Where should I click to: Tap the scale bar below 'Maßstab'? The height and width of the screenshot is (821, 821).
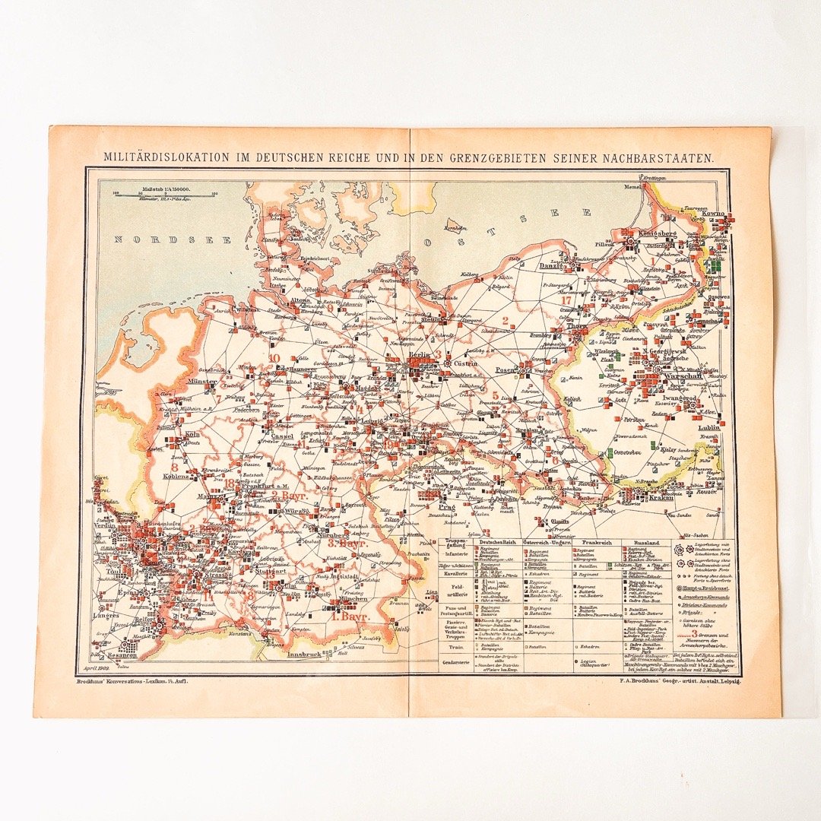[165, 193]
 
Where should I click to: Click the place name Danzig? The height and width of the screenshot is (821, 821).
[549, 266]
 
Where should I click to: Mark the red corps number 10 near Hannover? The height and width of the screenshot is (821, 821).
[274, 358]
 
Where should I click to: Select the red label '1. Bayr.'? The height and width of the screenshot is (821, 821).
[350, 617]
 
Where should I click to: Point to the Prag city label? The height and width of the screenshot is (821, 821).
[445, 507]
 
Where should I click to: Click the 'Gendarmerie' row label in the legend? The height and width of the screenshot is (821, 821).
[457, 662]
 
